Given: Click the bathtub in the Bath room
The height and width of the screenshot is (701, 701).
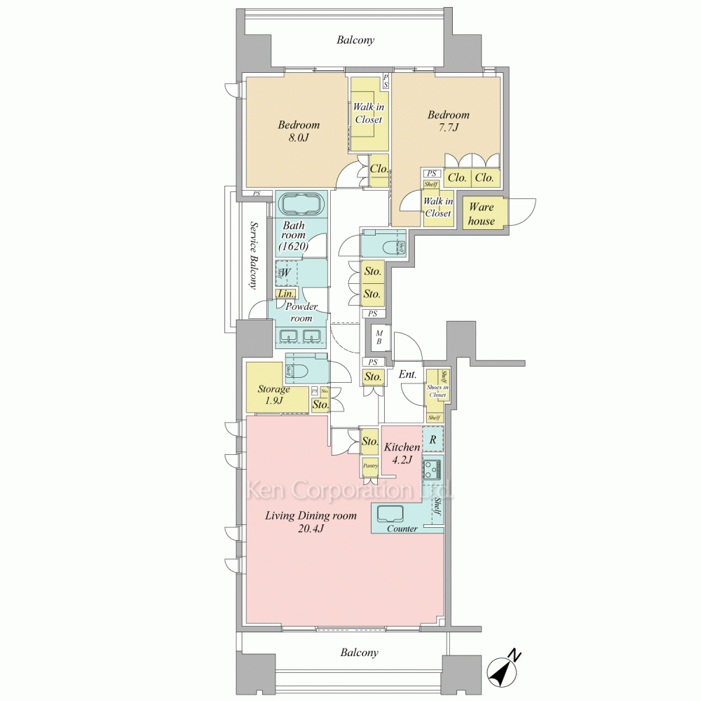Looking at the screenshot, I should tap(302, 206).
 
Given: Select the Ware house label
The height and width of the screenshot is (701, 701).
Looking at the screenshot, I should tap(482, 214).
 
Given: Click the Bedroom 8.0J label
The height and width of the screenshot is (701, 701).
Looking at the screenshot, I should tap(298, 131).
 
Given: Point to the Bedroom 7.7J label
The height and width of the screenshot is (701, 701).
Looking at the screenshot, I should tap(449, 121).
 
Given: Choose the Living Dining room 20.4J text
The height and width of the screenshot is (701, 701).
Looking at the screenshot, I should tap(311, 522).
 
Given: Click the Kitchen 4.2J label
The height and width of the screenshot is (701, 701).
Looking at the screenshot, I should tap(402, 453).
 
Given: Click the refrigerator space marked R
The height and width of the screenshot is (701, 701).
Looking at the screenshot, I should tap(433, 440).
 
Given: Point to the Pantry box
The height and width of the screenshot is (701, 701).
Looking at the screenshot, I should tap(370, 465).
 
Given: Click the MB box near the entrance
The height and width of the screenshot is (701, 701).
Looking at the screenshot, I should tap(379, 337).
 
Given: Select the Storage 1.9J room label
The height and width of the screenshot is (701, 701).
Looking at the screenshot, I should tap(273, 394).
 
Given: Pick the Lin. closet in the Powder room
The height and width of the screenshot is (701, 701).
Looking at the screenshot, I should tap(285, 294).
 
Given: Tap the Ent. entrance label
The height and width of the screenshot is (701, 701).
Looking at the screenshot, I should tap(407, 375).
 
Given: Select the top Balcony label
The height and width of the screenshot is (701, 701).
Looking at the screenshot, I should tap(355, 40).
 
